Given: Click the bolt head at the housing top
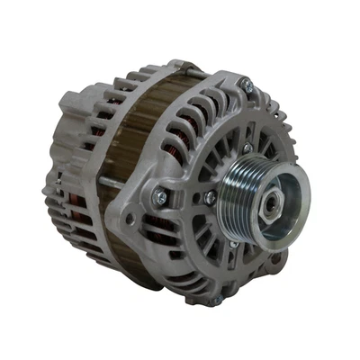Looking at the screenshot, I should (x=244, y=85).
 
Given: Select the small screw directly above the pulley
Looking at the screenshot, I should (x=247, y=147).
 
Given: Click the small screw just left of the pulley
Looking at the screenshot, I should (x=209, y=197).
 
